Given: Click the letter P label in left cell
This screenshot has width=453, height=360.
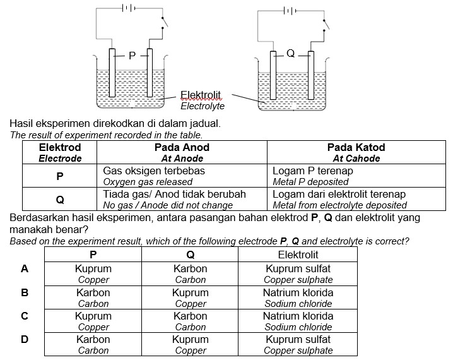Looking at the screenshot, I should click(131, 56).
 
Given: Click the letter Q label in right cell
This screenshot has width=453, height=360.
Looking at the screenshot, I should click(290, 54).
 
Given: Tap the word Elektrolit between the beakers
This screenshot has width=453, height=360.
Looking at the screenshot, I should click(201, 95).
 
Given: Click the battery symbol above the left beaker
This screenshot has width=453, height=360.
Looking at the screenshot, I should click(129, 8).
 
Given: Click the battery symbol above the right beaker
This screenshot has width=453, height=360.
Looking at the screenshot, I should click(289, 10).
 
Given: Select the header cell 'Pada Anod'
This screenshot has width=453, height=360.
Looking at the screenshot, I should click(182, 152).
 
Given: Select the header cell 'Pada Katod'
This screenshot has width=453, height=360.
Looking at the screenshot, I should click(356, 152).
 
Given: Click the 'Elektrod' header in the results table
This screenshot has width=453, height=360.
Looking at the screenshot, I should click(60, 152).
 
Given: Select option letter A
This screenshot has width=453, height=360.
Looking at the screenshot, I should click(25, 268).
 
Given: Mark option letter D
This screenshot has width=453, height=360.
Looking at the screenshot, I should click(25, 339).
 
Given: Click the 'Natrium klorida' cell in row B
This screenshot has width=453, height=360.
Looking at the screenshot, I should click(298, 297).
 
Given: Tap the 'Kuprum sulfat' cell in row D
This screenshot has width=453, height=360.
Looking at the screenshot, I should click(298, 344).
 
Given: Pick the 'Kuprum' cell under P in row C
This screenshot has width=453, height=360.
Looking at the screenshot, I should click(93, 321).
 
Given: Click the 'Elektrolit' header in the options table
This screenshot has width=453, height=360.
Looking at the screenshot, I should click(298, 255).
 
